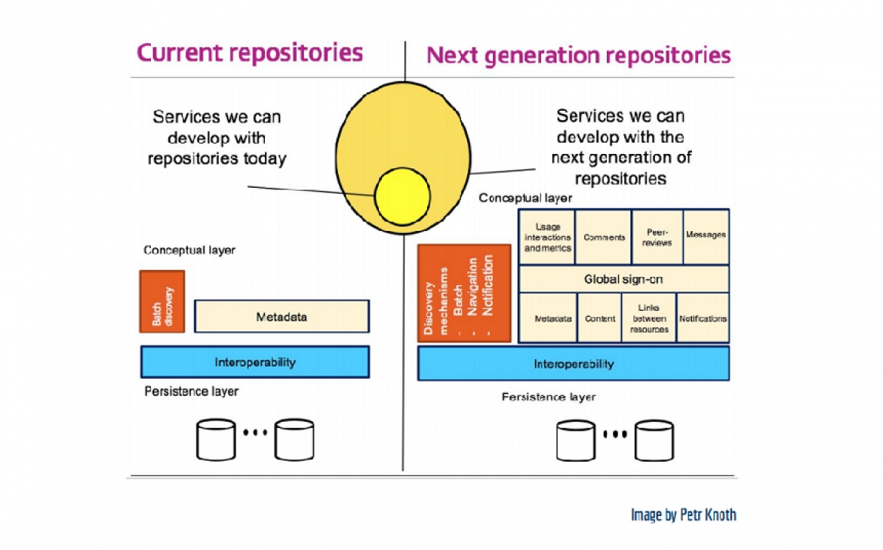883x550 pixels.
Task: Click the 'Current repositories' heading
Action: coord(249,53)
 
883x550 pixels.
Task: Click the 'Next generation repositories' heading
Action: coord(578,55)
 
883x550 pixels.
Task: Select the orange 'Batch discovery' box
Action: coord(162,301)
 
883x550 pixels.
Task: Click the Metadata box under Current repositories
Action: coord(282,317)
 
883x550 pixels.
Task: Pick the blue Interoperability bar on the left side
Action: coord(254,362)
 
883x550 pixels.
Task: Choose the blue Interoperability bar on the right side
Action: coord(574,364)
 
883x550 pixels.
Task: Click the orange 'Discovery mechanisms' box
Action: coord(464,293)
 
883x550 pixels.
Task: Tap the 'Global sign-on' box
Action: coord(623,279)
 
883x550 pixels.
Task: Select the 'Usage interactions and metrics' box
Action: coord(547,237)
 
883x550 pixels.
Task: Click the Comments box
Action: coord(604,237)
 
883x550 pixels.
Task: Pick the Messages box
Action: coord(706,235)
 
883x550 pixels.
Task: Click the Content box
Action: coord(600,318)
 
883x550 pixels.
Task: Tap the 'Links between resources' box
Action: coord(648,318)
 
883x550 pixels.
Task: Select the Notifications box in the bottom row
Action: coord(703,318)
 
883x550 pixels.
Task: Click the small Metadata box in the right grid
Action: coord(552,318)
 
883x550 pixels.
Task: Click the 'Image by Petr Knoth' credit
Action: coord(683,515)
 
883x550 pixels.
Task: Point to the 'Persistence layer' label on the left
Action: coord(191,392)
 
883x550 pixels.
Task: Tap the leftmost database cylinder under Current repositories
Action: coord(216,440)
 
